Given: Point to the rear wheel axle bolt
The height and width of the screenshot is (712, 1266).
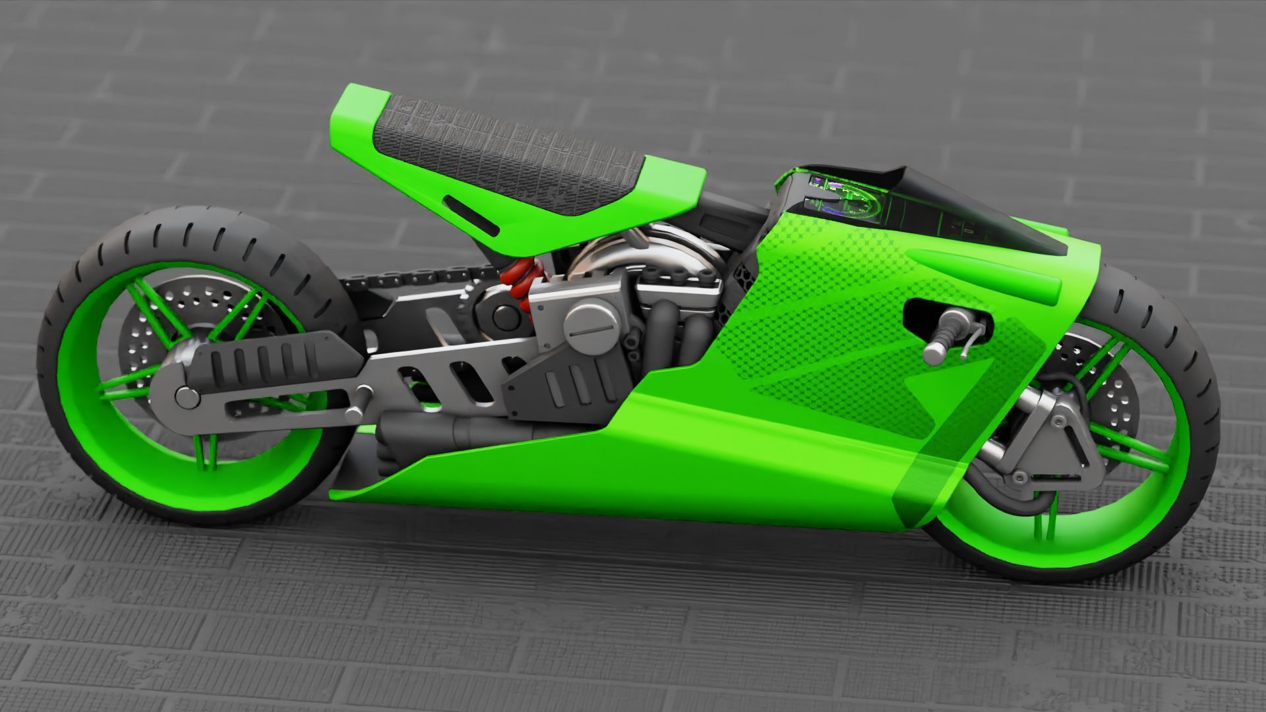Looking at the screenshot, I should pyautogui.click(x=187, y=397).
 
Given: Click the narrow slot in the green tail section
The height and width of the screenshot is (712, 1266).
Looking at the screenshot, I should pyautogui.click(x=471, y=214).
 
